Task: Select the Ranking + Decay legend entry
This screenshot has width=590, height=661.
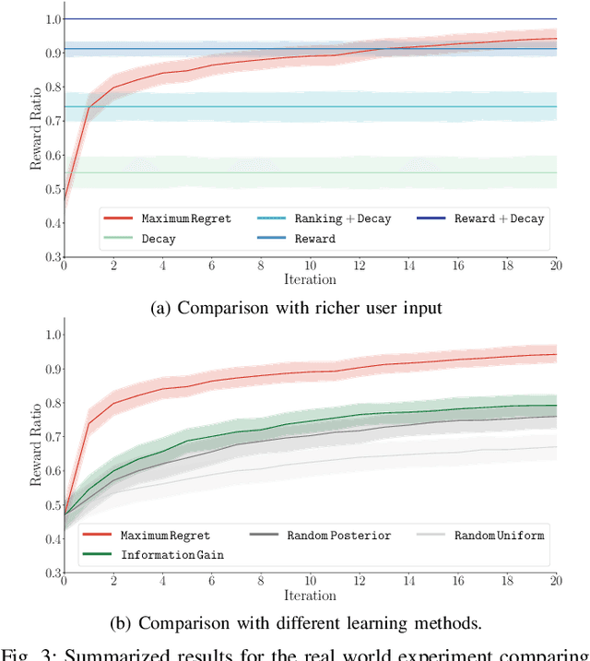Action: tap(342, 219)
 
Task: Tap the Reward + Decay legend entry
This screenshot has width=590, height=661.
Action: tap(499, 219)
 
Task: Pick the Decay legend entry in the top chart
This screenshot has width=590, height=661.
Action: tap(158, 239)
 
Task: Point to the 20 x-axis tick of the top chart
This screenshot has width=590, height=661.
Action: tap(556, 266)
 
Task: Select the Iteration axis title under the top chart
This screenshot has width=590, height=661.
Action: tap(310, 279)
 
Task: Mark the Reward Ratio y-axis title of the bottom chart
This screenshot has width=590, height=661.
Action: tap(36, 443)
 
